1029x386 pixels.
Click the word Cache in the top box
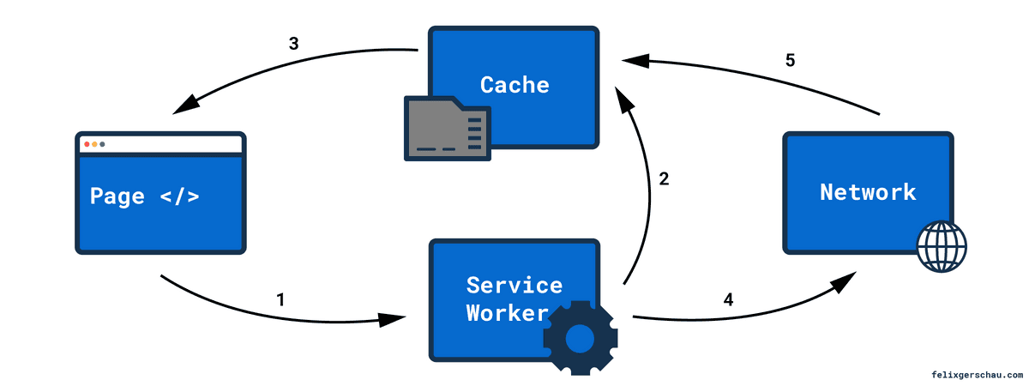514,85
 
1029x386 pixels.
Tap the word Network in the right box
868,192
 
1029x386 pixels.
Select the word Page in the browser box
117,196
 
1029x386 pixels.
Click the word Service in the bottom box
514,285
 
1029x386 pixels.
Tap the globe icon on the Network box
941,246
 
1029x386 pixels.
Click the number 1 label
280,299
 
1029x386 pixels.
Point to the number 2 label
663,179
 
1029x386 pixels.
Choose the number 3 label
293,43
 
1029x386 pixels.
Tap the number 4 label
728,299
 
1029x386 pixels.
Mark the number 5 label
791,61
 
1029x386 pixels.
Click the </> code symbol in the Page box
179,196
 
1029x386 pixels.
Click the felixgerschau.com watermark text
976,375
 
